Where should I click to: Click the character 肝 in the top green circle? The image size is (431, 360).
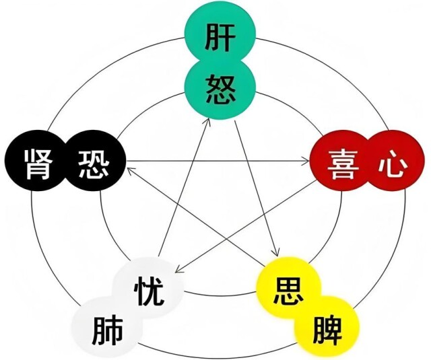(x=220, y=38)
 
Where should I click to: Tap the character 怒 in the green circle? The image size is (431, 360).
(x=220, y=90)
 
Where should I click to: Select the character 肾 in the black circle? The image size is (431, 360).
(x=38, y=164)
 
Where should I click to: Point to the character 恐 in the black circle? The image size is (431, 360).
(x=94, y=164)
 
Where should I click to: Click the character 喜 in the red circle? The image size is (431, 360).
(x=343, y=164)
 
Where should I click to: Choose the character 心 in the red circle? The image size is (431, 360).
(x=393, y=166)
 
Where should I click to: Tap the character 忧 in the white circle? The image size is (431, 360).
(x=149, y=291)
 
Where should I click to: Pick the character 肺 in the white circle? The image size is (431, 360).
(x=107, y=331)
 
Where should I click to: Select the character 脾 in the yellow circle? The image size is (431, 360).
(x=327, y=331)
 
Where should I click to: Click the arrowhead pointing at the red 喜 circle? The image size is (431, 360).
(x=306, y=161)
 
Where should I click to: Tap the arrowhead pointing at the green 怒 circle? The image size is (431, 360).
(x=207, y=122)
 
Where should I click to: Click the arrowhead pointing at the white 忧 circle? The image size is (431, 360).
(x=178, y=269)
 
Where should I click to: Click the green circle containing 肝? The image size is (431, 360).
(x=220, y=34)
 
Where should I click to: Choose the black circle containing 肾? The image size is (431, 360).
(x=36, y=160)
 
